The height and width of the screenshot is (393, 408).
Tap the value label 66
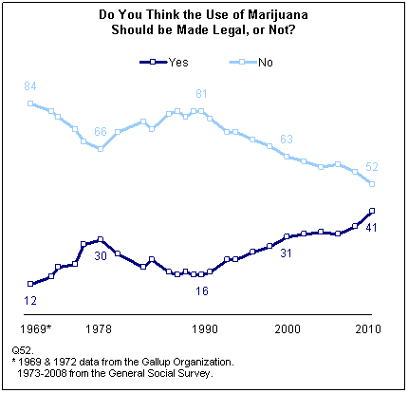click(100, 132)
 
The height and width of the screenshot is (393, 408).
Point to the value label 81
click(201, 94)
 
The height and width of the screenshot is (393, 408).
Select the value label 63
click(287, 139)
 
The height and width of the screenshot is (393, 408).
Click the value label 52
click(372, 167)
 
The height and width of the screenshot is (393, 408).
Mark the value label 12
click(30, 299)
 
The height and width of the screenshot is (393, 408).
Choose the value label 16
click(201, 290)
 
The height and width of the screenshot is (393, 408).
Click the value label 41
click(372, 228)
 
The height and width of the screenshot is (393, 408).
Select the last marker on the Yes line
click(372, 211)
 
